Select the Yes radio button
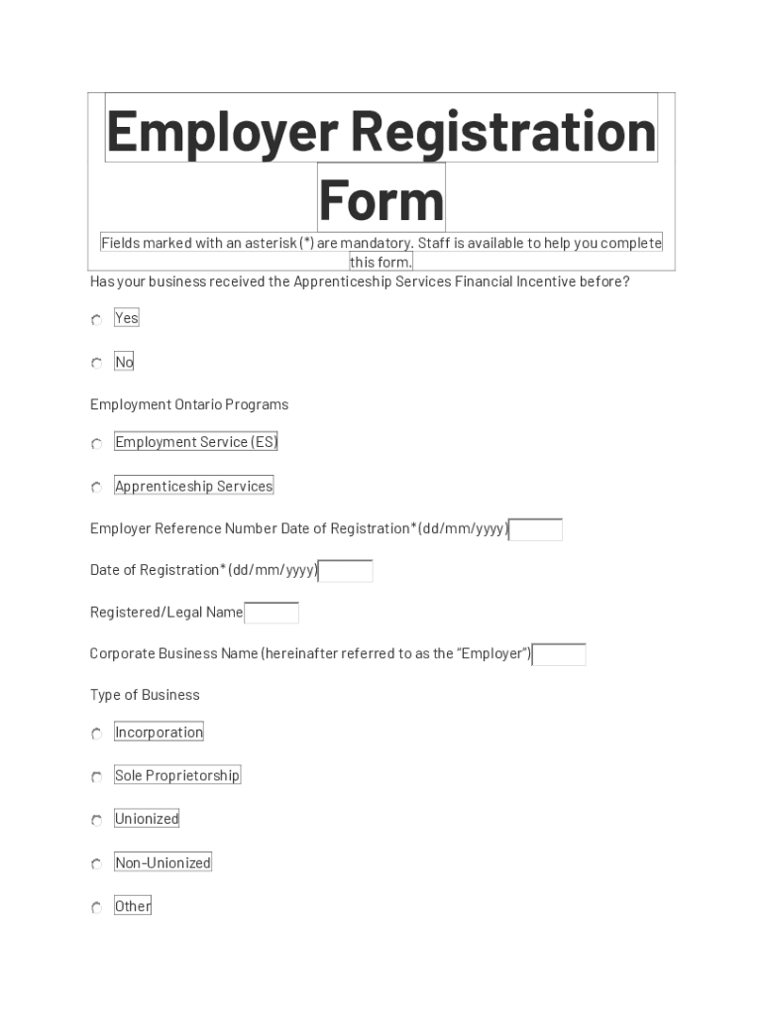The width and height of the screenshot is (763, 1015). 96,320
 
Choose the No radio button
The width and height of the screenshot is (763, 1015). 96,364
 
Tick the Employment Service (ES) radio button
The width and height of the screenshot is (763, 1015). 96,444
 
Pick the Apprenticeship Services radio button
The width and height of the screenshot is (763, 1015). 96,488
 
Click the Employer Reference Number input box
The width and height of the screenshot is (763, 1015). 535,530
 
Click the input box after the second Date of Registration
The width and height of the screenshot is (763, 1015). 346,571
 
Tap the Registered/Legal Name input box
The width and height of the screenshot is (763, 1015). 272,614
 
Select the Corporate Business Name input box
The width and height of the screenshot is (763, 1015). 559,655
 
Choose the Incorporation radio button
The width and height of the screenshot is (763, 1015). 96,734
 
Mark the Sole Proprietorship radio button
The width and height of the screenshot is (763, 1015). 96,778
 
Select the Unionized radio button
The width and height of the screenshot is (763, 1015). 96,821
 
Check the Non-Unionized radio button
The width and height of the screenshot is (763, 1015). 96,864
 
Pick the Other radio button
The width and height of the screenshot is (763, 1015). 96,908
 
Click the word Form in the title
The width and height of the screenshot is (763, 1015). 381,199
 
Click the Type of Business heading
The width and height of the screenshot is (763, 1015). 145,695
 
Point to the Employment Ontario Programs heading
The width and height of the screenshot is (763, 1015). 189,404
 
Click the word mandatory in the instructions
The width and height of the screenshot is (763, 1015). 377,244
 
